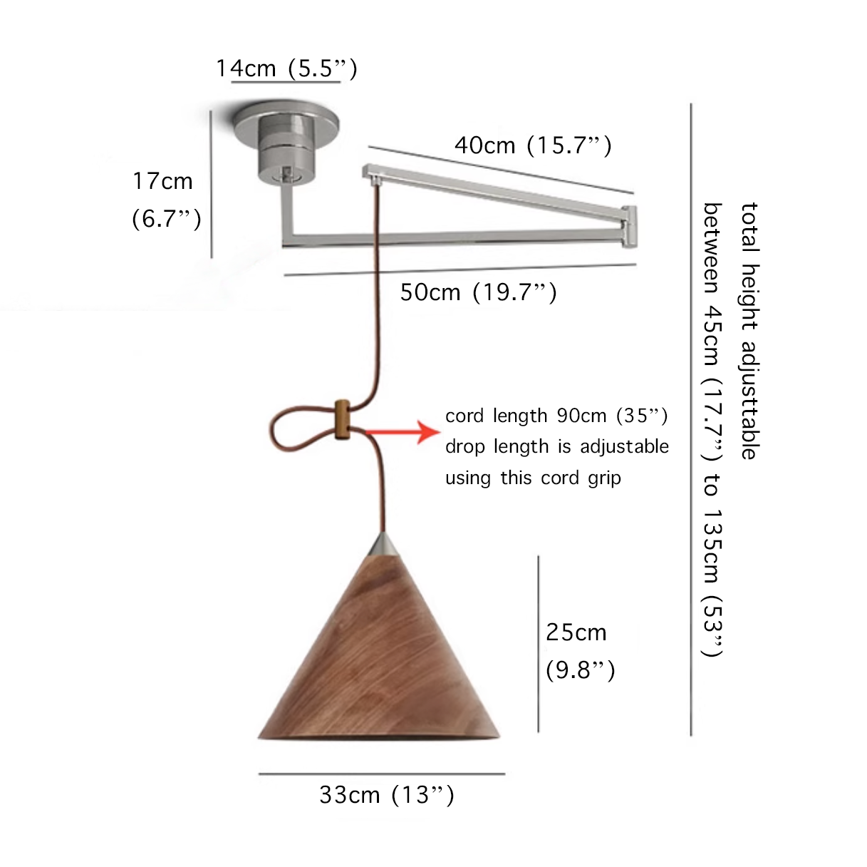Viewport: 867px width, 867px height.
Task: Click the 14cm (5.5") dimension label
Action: [286, 68]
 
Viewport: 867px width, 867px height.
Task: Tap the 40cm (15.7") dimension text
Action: [533, 145]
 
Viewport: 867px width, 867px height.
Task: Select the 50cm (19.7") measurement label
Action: [479, 292]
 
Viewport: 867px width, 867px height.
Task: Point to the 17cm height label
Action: [162, 181]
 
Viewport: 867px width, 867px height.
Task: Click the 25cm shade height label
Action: [576, 632]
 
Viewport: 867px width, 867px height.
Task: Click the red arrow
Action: [403, 432]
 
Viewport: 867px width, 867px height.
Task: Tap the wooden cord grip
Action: [343, 419]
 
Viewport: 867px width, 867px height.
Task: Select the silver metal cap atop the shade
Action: [383, 545]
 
